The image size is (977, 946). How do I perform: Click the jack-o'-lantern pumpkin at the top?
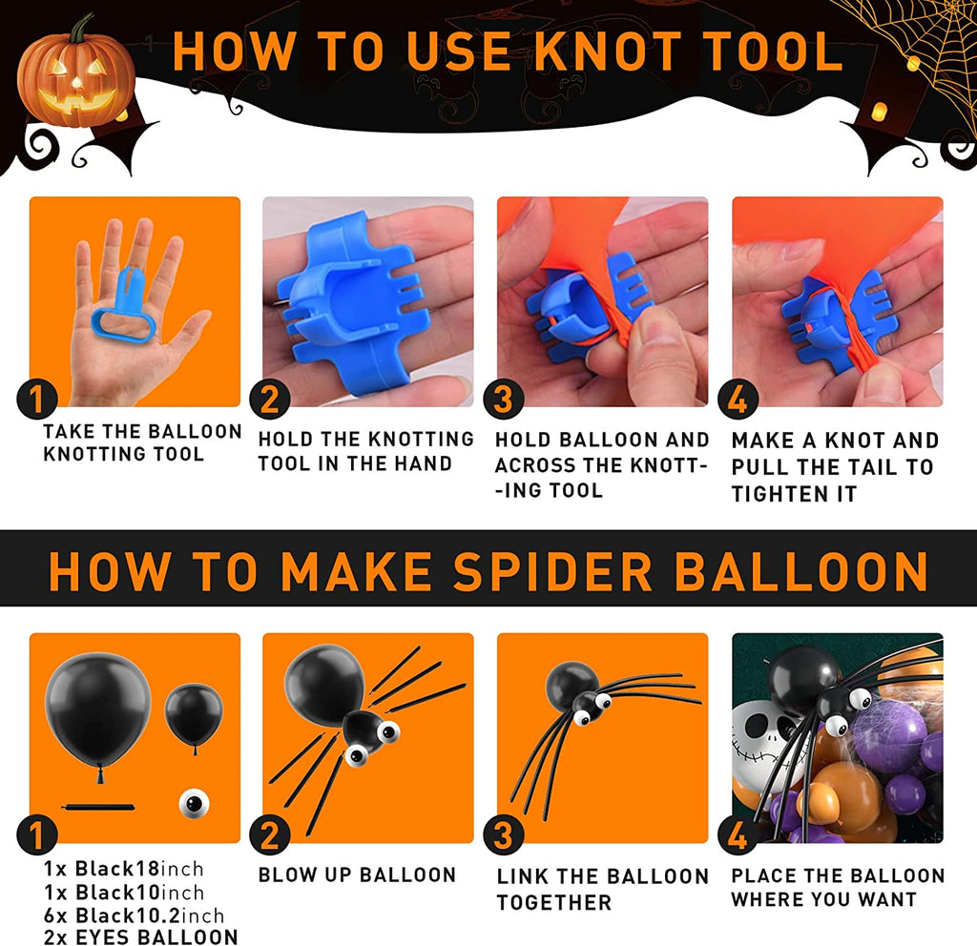pyautogui.click(x=76, y=74)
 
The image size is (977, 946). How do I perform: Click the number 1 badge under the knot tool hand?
pyautogui.click(x=37, y=399)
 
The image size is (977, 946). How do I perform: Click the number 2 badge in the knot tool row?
pyautogui.click(x=270, y=399)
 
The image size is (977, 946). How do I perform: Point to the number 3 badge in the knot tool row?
pyautogui.click(x=504, y=399)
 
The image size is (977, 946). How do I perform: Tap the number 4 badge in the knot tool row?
pyautogui.click(x=738, y=399)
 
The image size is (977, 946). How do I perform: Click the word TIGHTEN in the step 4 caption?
pyautogui.click(x=773, y=494)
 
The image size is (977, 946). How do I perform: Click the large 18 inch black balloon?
pyautogui.click(x=98, y=709)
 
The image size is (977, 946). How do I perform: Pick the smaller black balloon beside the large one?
pyautogui.click(x=194, y=716)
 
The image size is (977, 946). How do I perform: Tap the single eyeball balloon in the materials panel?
pyautogui.click(x=195, y=803)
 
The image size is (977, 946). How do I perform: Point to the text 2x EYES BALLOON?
pyautogui.click(x=141, y=936)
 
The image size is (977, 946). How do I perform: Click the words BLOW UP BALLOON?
pyautogui.click(x=357, y=874)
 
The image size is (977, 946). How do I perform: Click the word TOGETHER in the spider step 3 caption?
pyautogui.click(x=554, y=902)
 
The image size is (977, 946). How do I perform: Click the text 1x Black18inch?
pyautogui.click(x=123, y=868)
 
